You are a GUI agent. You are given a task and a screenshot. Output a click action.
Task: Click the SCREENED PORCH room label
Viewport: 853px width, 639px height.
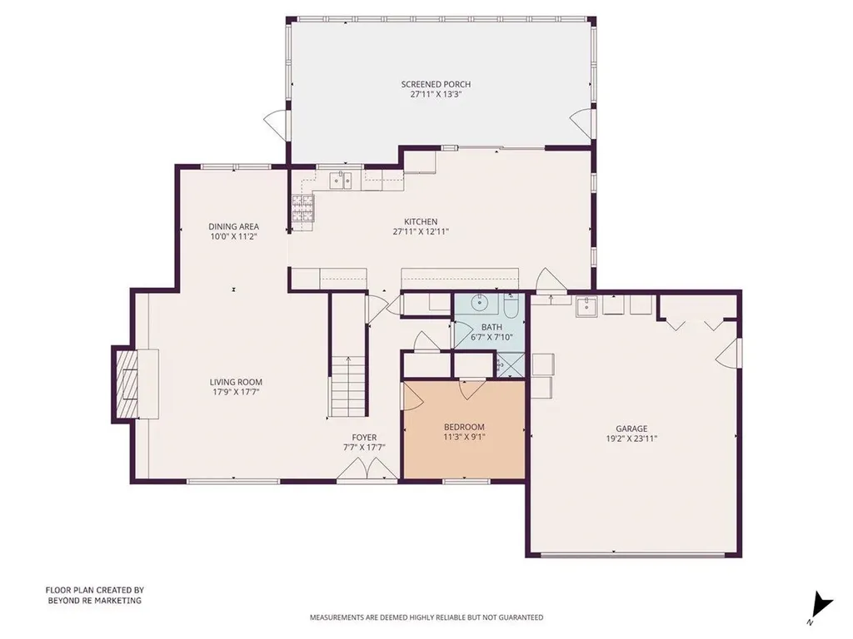tap(436, 84)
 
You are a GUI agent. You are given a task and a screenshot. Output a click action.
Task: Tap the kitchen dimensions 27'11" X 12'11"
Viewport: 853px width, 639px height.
tap(421, 232)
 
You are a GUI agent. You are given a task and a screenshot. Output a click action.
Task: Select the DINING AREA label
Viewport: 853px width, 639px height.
tap(233, 226)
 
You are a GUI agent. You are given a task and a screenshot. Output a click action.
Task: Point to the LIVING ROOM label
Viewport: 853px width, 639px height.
tap(236, 383)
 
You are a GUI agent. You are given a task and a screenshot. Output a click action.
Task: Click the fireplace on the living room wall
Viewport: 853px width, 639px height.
tap(127, 384)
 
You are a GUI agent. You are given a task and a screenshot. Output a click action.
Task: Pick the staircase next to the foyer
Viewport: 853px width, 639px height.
tap(349, 385)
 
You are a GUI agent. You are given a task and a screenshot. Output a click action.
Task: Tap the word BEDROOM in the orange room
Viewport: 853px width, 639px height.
tap(464, 427)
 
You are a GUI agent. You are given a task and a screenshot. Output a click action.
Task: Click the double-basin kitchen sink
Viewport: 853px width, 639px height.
tap(342, 179)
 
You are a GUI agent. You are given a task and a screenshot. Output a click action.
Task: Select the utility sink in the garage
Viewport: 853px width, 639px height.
tap(587, 307)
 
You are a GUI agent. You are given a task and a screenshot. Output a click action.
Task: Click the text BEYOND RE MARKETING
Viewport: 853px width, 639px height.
tap(93, 600)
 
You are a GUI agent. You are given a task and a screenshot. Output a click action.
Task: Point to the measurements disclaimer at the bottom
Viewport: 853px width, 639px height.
tap(426, 617)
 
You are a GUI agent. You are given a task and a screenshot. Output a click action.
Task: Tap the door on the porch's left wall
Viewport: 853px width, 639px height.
tap(275, 126)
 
